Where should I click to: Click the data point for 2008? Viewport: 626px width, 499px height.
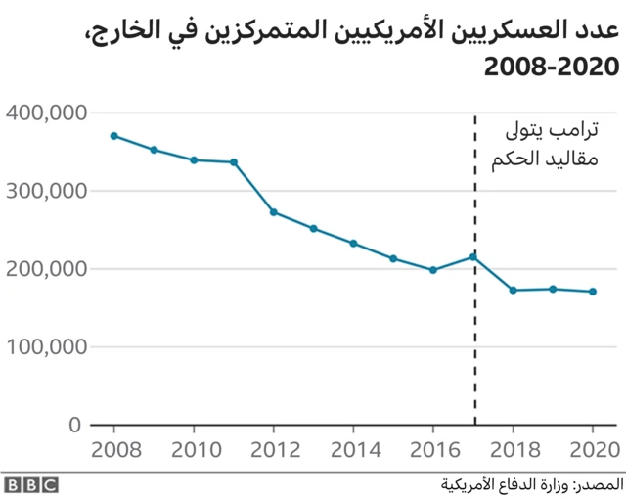114,136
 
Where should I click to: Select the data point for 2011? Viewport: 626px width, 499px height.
234,162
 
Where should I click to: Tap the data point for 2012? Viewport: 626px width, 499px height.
274,212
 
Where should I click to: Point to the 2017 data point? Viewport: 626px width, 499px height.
473,257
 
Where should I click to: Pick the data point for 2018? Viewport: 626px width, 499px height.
513,291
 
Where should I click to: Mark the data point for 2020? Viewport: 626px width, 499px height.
593,292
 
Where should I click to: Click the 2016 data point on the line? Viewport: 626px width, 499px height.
433,270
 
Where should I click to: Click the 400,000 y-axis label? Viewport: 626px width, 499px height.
46,113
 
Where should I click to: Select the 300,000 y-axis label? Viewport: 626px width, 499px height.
46,192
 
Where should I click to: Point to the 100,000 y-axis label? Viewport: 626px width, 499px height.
46,347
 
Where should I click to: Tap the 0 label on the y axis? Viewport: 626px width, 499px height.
74,426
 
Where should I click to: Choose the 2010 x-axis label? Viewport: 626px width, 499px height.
194,450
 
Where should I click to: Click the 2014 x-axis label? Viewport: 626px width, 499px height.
354,450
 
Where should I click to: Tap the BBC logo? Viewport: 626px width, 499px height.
30,484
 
